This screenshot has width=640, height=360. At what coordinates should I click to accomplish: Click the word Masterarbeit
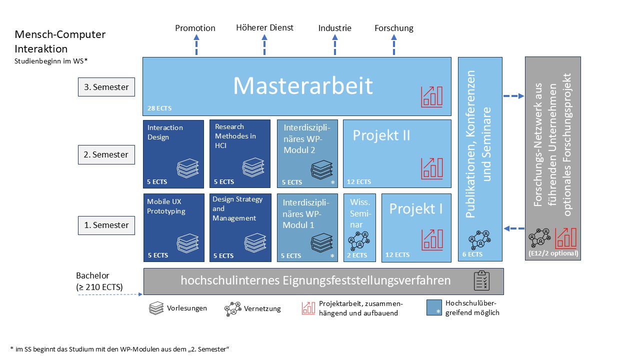(x=303, y=86)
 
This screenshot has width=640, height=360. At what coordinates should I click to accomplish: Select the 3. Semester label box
(x=106, y=87)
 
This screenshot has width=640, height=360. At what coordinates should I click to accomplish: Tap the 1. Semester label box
(x=106, y=225)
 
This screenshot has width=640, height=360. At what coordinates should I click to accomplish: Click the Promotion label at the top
(x=195, y=28)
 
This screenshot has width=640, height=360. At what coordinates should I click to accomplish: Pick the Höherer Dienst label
(x=264, y=27)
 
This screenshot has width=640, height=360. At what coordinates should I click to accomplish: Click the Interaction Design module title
(x=165, y=132)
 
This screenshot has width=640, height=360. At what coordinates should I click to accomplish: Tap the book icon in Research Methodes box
(x=253, y=167)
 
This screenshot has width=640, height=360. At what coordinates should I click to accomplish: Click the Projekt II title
(x=381, y=135)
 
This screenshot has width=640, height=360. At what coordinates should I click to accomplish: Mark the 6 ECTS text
(x=472, y=254)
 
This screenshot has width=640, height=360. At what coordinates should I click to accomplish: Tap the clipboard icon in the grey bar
(x=482, y=281)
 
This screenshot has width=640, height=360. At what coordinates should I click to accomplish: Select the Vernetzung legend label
(x=262, y=308)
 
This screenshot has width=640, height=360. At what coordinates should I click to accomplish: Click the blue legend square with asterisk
(x=433, y=307)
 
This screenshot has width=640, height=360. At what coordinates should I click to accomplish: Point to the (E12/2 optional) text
(x=552, y=253)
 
